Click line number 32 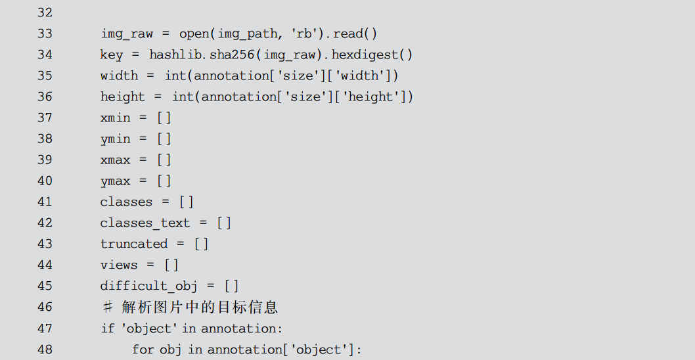[x=45, y=12]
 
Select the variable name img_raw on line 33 [x=126, y=34]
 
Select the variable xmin [x=115, y=118]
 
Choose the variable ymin [x=115, y=139]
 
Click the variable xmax [x=115, y=160]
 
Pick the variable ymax [x=115, y=181]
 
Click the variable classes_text [x=145, y=223]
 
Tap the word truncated [x=134, y=244]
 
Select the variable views [x=119, y=265]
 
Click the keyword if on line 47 [x=107, y=328]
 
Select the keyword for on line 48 [x=143, y=349]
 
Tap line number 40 [x=45, y=181]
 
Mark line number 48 [x=45, y=349]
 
